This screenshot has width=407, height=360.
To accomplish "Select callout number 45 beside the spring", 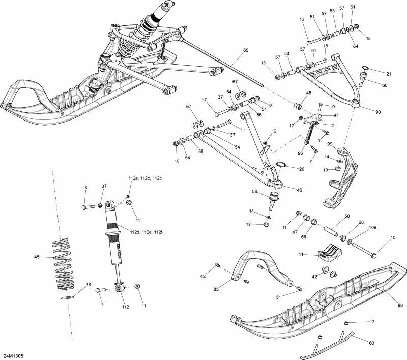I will tap(37, 257).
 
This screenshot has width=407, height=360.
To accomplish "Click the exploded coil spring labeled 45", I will tap(65, 264).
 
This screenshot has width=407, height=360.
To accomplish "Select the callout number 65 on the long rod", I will tap(246, 50).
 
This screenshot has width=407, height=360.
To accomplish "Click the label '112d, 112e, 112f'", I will tap(146, 232).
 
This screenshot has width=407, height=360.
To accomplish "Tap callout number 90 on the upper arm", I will tap(377, 112).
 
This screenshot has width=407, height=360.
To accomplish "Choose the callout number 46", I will tap(299, 190).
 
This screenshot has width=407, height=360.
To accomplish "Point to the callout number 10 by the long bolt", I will tap(393, 238).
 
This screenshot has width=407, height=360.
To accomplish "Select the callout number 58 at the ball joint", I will tap(254, 191).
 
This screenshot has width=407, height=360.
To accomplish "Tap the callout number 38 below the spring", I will tap(88, 285).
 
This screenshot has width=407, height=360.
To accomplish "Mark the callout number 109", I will tap(373, 227).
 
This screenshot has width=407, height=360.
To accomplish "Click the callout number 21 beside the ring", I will tap(389, 74).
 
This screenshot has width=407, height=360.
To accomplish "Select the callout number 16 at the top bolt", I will tap(301, 19).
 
